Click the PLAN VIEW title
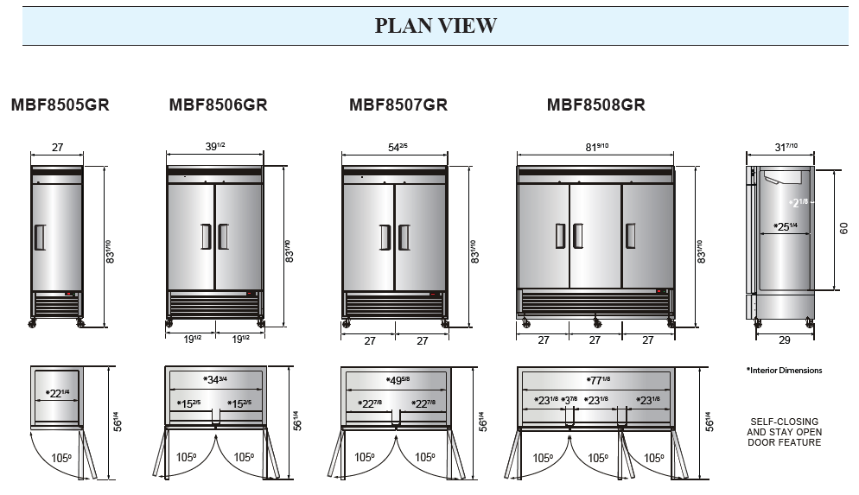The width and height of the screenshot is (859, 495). (436, 26)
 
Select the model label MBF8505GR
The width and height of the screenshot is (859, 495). (60, 105)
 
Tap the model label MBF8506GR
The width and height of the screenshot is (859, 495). (218, 105)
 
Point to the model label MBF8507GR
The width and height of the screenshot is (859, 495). (398, 105)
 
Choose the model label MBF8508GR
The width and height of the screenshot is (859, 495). (595, 105)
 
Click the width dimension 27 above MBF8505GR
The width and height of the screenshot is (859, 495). (57, 148)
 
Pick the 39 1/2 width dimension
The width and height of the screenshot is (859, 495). (214, 148)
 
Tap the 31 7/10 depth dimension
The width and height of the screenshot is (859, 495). (781, 148)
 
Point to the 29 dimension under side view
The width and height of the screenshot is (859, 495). (783, 340)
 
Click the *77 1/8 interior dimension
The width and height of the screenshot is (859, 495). (595, 379)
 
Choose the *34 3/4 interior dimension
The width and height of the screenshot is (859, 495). (215, 379)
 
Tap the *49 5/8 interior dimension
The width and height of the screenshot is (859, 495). (397, 379)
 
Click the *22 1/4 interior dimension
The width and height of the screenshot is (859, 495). (57, 394)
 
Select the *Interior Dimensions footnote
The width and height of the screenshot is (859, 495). (784, 371)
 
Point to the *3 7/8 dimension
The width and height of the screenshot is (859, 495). (569, 399)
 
